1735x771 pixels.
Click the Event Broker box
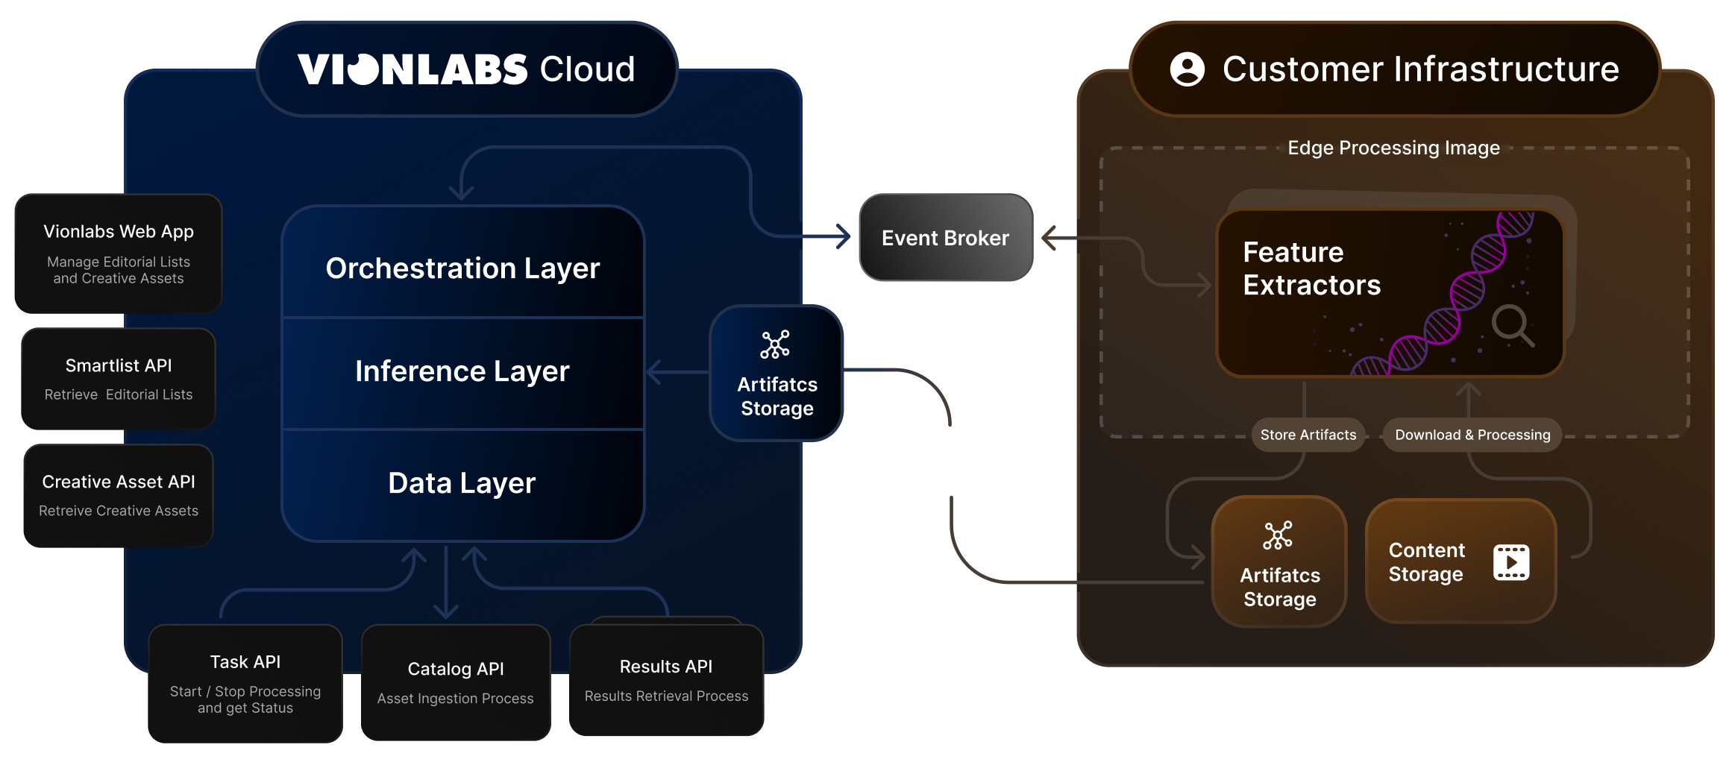945,238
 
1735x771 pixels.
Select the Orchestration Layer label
462,268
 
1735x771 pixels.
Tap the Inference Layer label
462,371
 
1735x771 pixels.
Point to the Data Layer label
462,483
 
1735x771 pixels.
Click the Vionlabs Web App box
119,254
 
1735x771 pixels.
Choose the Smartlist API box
119,379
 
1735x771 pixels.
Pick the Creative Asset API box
119,495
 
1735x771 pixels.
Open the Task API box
245,683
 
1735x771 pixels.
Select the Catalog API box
456,682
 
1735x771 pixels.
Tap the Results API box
666,680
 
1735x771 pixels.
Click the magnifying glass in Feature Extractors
1512,325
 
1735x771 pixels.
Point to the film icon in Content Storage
1511,562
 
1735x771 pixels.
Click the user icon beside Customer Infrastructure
1187,69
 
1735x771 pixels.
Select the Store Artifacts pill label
1308,435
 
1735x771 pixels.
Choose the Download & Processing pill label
1472,435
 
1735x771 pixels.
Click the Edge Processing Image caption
1393,148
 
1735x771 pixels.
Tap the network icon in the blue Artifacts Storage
775,344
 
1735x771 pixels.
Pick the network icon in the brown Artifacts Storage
1278,535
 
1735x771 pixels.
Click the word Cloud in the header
587,69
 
